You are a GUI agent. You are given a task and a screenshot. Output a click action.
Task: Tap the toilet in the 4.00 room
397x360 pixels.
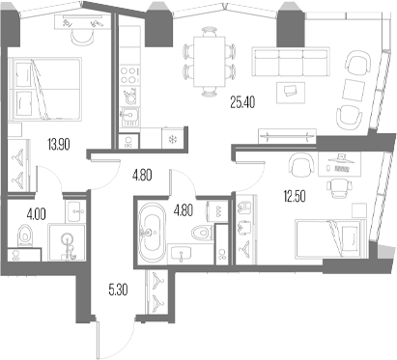(x=24, y=234)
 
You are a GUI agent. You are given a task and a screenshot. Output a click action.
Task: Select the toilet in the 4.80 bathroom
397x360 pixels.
(x=200, y=233)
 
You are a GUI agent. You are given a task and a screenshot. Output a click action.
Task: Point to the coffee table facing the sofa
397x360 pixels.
(x=289, y=92)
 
